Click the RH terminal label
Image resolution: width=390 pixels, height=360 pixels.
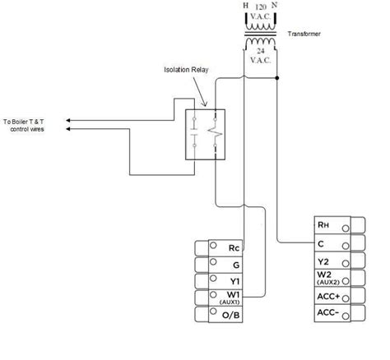(x=323, y=224)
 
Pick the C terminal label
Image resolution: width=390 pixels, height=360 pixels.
(x=323, y=242)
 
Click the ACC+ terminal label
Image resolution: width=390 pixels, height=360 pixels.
(x=327, y=295)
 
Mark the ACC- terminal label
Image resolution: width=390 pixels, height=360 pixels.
(x=327, y=313)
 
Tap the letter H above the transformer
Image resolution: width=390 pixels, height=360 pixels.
(x=244, y=6)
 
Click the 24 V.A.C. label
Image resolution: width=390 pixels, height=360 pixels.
(x=262, y=55)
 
